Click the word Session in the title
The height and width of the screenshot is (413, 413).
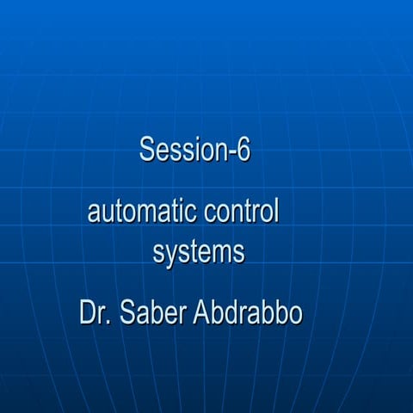[x=178, y=150]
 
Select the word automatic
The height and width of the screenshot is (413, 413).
[x=141, y=212]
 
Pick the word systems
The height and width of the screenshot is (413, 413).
[x=199, y=255]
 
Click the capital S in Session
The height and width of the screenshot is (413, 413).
[x=146, y=150]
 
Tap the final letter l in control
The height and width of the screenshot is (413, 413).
[x=276, y=211]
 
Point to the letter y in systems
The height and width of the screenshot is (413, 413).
[x=172, y=257]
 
